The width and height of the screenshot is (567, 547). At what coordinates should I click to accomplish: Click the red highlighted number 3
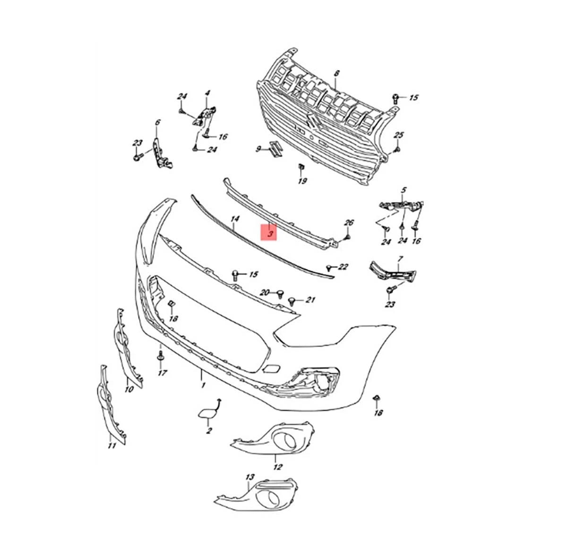pyautogui.click(x=271, y=234)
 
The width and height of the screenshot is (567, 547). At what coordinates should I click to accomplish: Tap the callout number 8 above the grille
pyautogui.click(x=336, y=73)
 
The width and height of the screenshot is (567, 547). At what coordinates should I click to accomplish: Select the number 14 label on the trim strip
pyautogui.click(x=235, y=219)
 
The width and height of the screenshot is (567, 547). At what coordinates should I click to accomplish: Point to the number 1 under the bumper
pyautogui.click(x=203, y=385)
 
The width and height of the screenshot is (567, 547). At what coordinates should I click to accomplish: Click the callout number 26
pyautogui.click(x=349, y=223)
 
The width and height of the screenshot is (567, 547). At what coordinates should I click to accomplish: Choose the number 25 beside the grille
pyautogui.click(x=399, y=135)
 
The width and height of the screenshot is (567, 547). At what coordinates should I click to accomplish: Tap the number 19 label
pyautogui.click(x=302, y=181)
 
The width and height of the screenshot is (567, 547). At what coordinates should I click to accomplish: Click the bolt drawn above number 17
pyautogui.click(x=161, y=356)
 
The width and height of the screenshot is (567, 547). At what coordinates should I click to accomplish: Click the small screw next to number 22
pyautogui.click(x=329, y=267)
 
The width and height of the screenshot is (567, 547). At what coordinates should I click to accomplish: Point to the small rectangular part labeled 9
pyautogui.click(x=275, y=149)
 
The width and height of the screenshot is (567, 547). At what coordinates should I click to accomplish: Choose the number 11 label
pyautogui.click(x=112, y=445)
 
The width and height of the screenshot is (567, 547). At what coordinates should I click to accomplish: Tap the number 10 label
pyautogui.click(x=129, y=389)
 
